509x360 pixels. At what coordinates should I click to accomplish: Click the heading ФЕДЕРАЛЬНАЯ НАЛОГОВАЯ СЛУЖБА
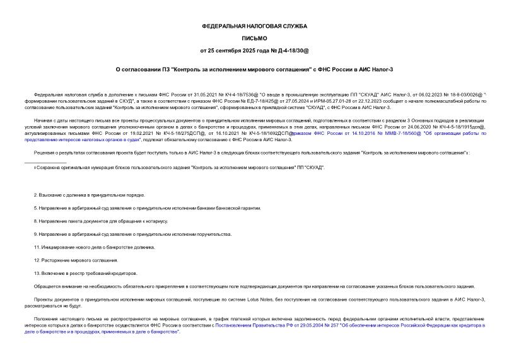point(254,26)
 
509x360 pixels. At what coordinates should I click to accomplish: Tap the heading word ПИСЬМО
point(254,38)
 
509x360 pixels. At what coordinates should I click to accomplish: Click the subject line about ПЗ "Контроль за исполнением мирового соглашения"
point(254,70)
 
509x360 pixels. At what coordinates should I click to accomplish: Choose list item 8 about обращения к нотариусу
point(101,221)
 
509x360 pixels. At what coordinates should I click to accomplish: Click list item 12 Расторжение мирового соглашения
point(76,260)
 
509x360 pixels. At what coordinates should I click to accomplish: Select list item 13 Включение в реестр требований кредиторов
point(85,273)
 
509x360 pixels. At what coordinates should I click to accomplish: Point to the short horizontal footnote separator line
point(50,162)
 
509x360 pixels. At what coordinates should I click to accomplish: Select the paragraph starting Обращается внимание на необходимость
point(252,286)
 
